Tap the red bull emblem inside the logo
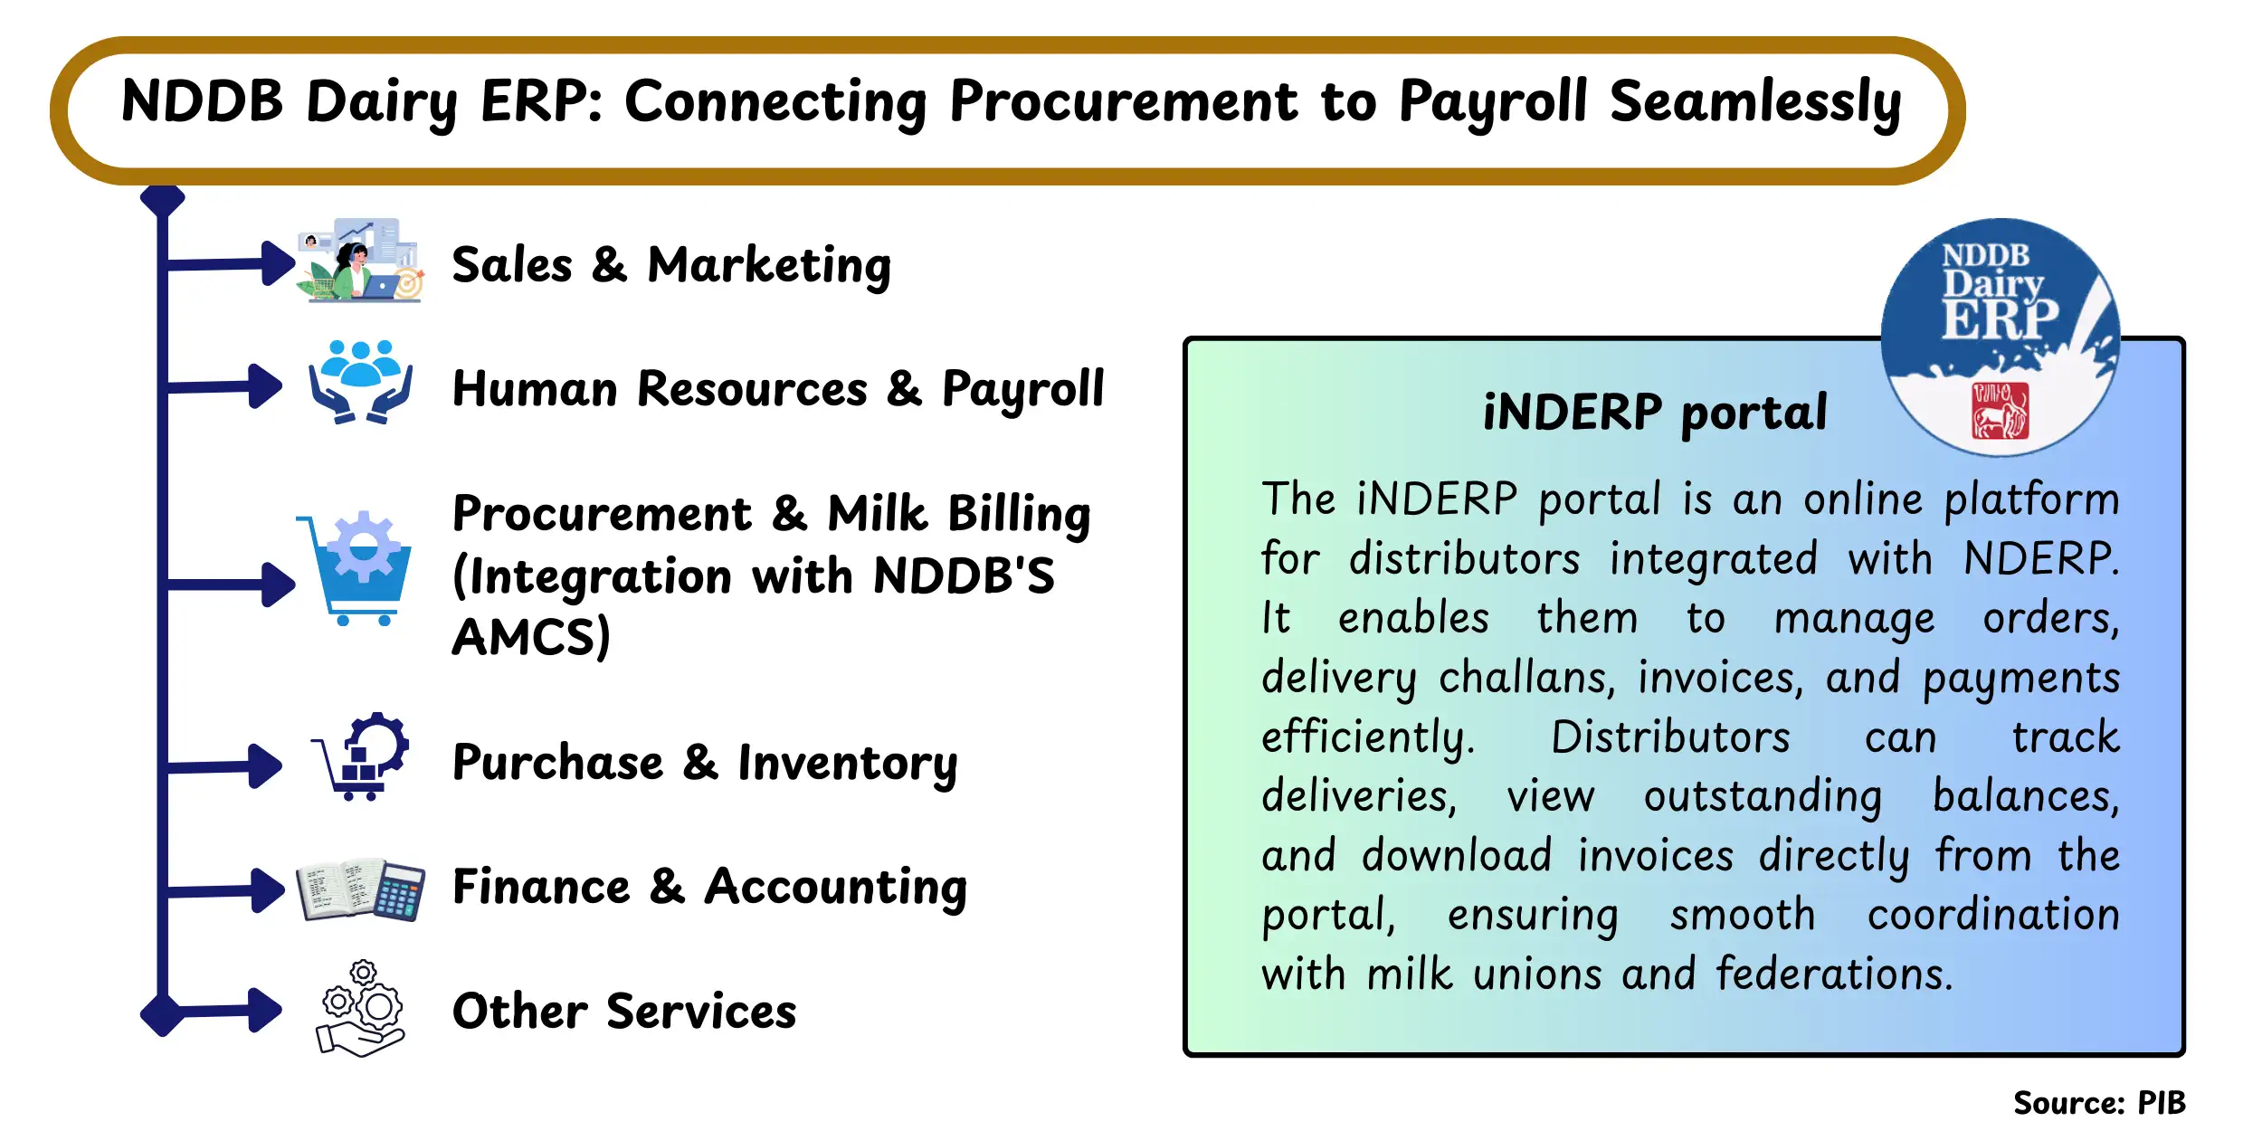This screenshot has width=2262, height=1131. click(2000, 411)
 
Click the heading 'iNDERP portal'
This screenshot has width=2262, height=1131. click(1655, 413)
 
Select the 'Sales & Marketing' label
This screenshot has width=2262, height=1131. click(670, 265)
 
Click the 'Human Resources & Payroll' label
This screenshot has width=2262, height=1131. click(777, 389)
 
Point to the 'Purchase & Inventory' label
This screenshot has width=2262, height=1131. click(704, 762)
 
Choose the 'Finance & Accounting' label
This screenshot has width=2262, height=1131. click(709, 886)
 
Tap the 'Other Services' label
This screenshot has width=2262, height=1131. click(624, 1011)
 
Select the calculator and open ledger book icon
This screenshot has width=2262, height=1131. click(361, 890)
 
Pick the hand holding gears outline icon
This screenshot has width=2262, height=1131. click(360, 1009)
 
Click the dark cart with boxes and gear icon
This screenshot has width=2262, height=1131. click(361, 756)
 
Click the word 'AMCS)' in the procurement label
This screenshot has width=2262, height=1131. click(531, 637)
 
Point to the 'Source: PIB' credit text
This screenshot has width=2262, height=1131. click(2098, 1103)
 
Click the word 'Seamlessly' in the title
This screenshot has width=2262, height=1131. click(1754, 101)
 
